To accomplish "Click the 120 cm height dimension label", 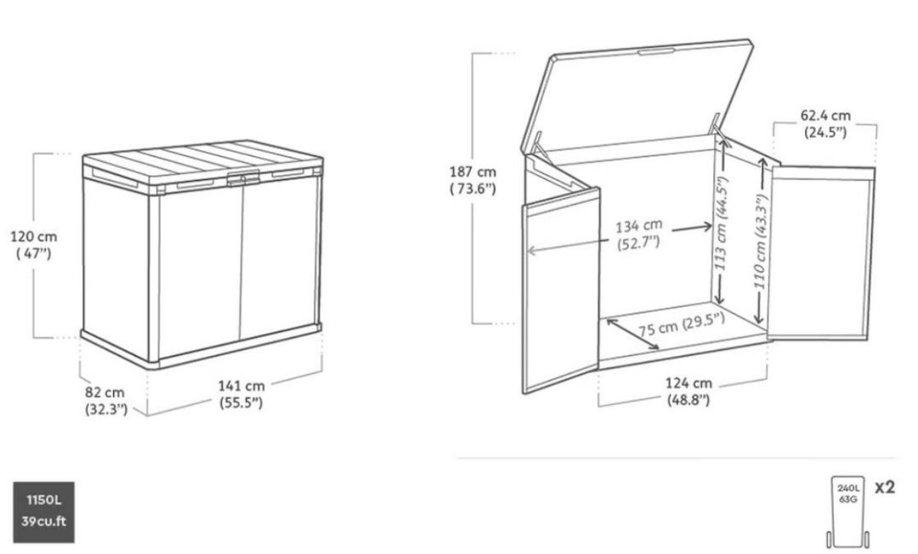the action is coord(34,245).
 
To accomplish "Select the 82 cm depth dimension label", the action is coord(105,400).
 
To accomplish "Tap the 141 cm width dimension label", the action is coord(241,394).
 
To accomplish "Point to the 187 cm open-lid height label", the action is coord(473,180).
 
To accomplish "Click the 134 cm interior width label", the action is coord(638,234).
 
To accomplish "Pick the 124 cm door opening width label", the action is coord(688,392).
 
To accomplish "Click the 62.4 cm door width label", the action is coord(825,123).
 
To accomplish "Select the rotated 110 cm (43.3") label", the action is coord(760,241).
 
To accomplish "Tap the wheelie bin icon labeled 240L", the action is coord(847,512).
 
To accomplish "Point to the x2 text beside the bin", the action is coord(885,488).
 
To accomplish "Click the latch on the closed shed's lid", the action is coord(243,178).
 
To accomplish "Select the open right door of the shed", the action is coord(821,252).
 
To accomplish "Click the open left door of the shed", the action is coord(561,291).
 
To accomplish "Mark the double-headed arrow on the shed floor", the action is coord(633,334).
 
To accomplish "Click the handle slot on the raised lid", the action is coord(657,52).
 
